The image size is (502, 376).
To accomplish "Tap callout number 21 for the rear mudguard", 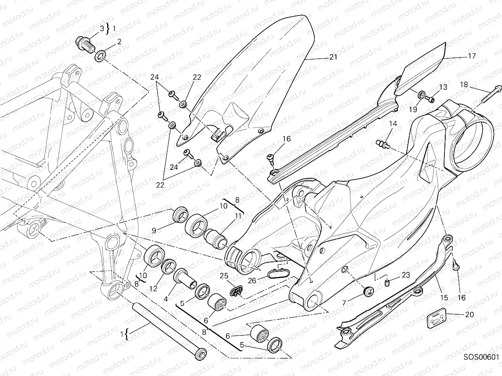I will pyautogui.click(x=333, y=57).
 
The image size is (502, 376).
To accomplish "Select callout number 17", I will pyautogui.click(x=472, y=55).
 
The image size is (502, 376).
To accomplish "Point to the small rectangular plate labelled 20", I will pyautogui.click(x=435, y=319).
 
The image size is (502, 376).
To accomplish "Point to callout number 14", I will pyautogui.click(x=392, y=123).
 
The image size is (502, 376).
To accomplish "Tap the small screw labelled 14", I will pyautogui.click(x=382, y=144).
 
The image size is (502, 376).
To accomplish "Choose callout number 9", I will pyautogui.click(x=154, y=230).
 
